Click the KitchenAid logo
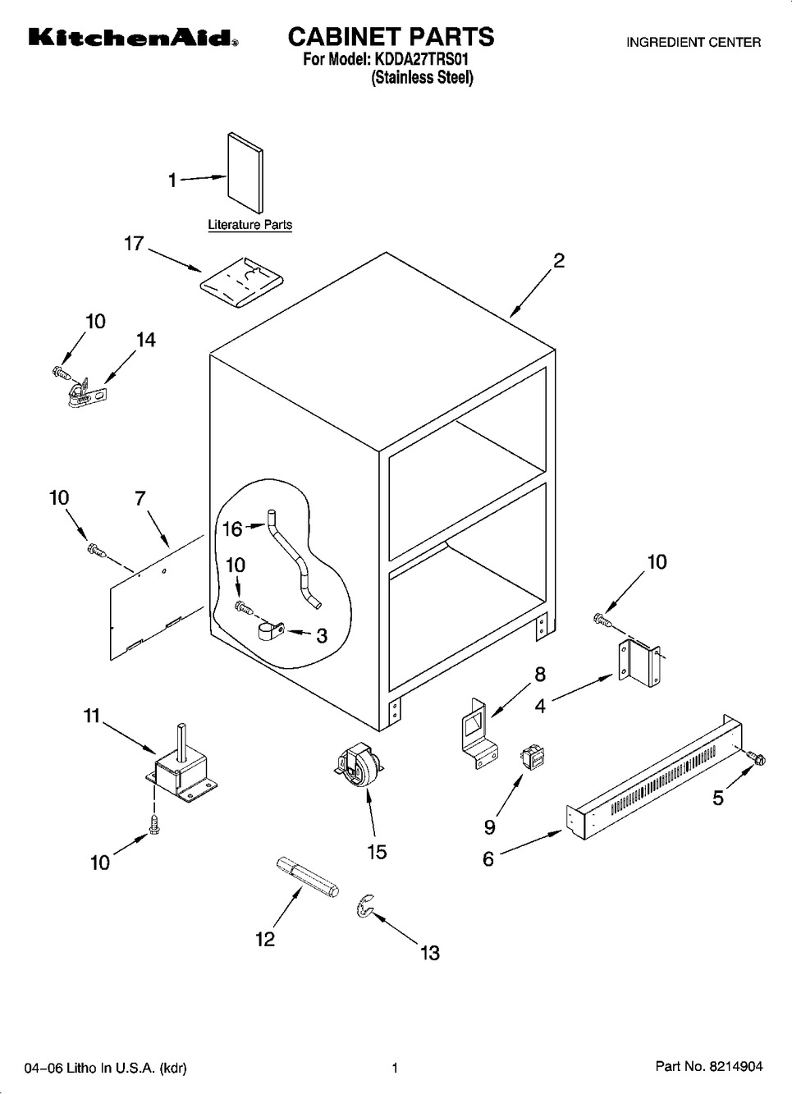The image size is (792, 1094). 133,38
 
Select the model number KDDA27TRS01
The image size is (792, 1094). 421,60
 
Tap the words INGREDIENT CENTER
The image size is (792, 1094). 694,43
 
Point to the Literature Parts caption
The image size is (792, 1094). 250,225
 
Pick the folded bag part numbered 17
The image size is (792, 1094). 241,282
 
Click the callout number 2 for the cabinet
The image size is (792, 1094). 558,261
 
